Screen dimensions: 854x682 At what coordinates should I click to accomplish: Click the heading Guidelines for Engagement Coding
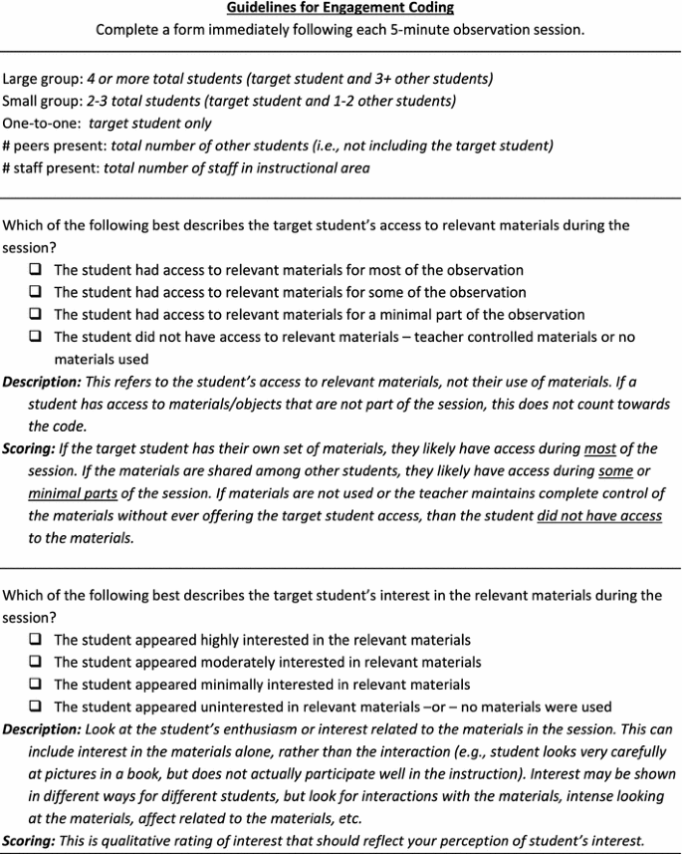coord(341,8)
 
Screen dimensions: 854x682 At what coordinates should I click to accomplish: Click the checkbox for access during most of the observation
coord(36,270)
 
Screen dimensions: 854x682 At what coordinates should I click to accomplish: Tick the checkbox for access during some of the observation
coord(36,292)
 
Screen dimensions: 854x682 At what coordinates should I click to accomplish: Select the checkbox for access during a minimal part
coord(36,315)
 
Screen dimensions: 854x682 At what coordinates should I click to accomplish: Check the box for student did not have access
coord(36,338)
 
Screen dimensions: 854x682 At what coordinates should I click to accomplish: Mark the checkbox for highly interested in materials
coord(36,640)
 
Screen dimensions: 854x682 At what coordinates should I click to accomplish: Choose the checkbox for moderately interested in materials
coord(36,662)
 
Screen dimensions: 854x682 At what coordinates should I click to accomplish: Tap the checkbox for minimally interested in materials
coord(36,685)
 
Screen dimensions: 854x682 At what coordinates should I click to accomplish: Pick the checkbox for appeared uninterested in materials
coord(36,707)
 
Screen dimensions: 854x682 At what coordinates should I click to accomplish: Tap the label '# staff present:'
coord(51,167)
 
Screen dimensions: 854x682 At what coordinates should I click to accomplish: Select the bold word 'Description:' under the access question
coord(41,382)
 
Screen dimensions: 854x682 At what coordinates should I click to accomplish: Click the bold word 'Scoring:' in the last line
coord(29,840)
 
